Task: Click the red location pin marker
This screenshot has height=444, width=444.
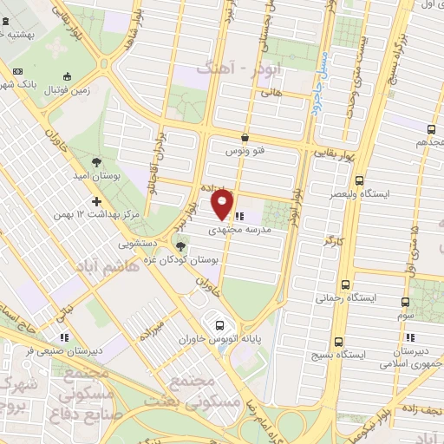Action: click(223, 206)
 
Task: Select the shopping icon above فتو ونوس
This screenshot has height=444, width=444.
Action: click(245, 137)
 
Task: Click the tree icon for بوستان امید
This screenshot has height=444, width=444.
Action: click(96, 161)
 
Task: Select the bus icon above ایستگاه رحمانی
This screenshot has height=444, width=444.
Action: click(346, 284)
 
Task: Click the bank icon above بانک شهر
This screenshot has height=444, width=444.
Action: click(17, 71)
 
